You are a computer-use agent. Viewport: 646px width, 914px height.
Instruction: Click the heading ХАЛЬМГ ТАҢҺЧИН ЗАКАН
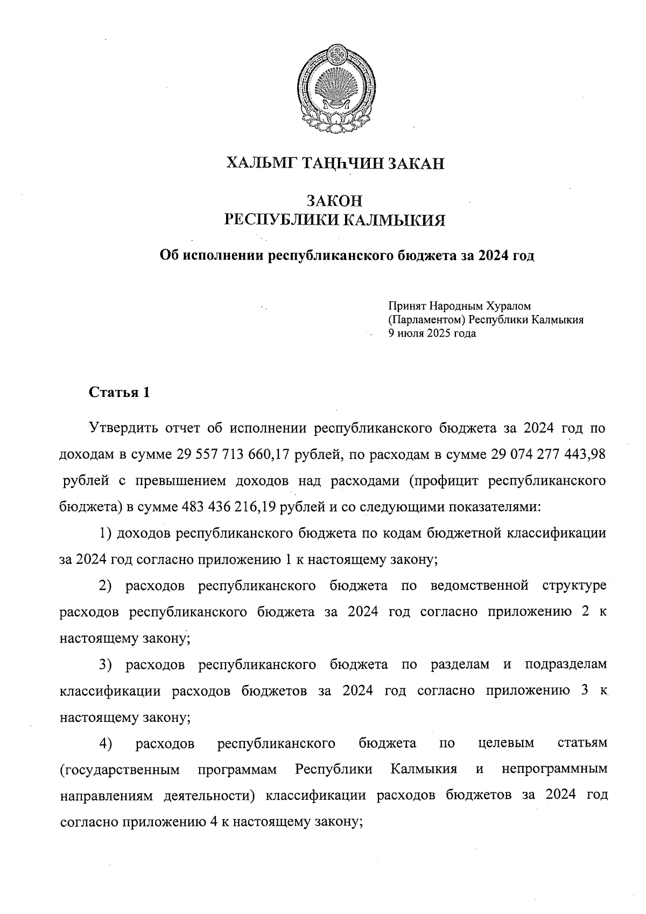pos(335,163)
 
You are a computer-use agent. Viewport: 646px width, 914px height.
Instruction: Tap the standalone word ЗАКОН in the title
pos(334,201)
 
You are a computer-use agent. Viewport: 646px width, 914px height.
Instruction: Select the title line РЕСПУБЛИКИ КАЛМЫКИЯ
pos(334,220)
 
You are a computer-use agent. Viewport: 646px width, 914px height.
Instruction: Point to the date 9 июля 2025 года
pos(432,333)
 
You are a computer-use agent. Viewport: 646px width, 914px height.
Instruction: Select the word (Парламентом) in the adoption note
pos(427,320)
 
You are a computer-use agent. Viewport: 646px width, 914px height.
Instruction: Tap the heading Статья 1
pos(119,392)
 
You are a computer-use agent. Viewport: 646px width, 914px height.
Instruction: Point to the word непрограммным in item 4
pos(554,769)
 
